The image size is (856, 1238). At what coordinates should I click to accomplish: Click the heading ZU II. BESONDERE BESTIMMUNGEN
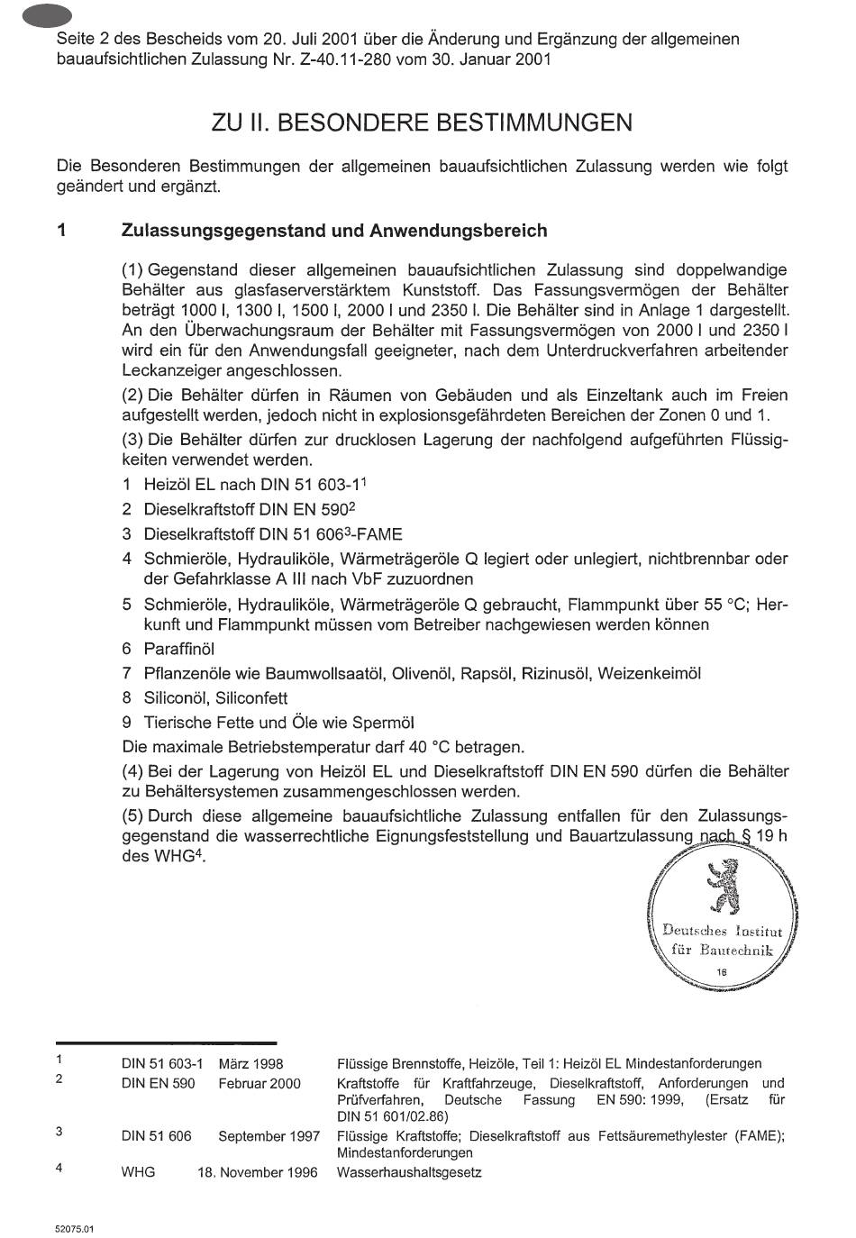(422, 123)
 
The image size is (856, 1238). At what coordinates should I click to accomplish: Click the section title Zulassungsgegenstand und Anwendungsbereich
(333, 231)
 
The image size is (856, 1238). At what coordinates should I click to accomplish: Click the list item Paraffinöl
(178, 649)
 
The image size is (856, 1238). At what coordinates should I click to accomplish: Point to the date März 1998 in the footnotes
(250, 1064)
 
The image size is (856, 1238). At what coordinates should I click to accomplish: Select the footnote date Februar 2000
(260, 1083)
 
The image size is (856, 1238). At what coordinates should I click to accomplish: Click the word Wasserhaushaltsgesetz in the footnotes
(409, 1172)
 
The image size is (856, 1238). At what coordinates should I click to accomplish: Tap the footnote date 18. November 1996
(258, 1172)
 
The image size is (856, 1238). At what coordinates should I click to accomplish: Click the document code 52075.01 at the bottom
(74, 1228)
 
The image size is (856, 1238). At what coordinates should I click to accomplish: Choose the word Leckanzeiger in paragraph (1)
(165, 370)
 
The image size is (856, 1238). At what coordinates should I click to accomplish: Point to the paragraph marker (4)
(133, 771)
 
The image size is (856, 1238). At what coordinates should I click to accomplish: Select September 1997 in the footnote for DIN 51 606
(269, 1136)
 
